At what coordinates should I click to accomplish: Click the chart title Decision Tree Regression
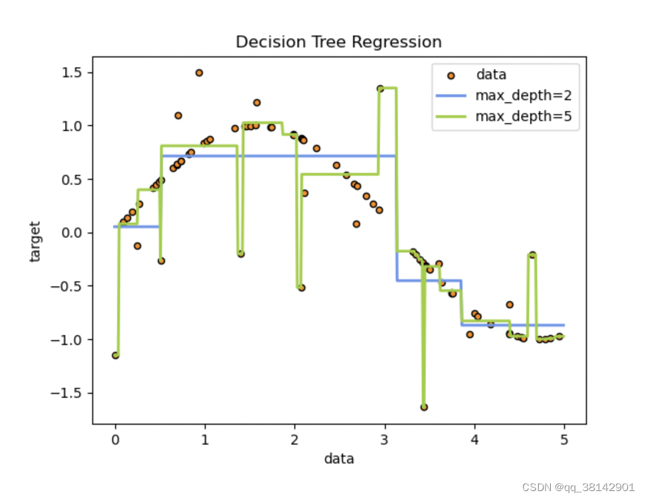(338, 42)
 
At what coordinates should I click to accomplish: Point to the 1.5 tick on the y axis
(73, 72)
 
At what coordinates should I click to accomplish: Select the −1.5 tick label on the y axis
(69, 393)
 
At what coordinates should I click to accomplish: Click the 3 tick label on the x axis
(385, 440)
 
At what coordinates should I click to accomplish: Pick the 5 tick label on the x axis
(565, 440)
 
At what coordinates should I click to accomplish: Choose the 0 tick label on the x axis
(115, 440)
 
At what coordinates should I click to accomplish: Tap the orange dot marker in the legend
(451, 75)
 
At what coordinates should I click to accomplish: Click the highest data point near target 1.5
(199, 73)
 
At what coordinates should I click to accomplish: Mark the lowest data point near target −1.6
(424, 407)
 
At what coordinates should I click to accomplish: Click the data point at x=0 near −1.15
(115, 355)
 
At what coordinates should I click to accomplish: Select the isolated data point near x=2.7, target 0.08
(356, 224)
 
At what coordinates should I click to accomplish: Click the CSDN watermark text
(579, 486)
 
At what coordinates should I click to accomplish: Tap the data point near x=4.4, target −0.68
(510, 305)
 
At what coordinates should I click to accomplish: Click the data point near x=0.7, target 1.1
(179, 115)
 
